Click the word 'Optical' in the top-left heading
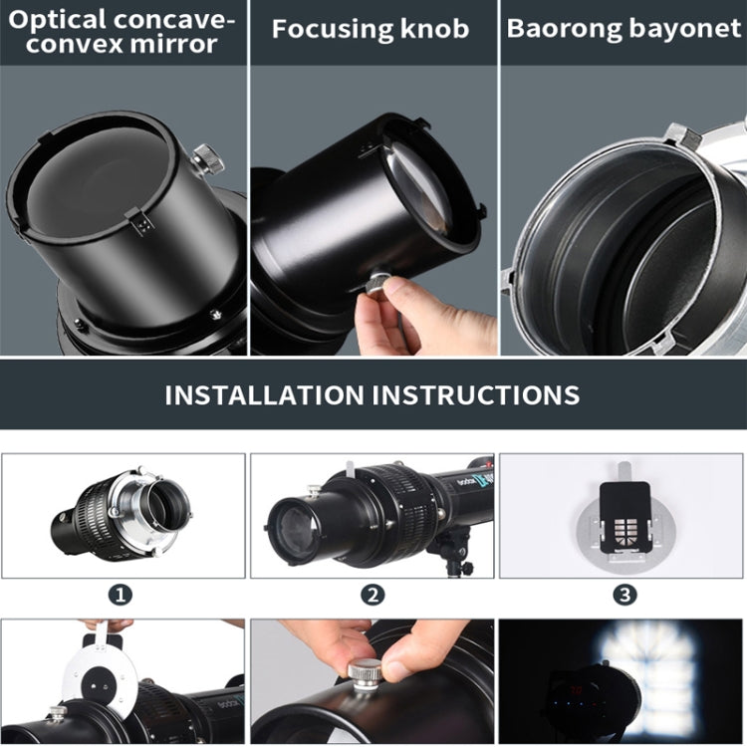[57, 20]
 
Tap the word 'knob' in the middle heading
[430, 29]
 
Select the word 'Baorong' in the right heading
[559, 29]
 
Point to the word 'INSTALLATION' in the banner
[264, 394]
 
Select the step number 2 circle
[372, 595]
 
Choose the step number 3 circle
[623, 595]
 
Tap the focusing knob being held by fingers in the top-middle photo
[374, 284]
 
